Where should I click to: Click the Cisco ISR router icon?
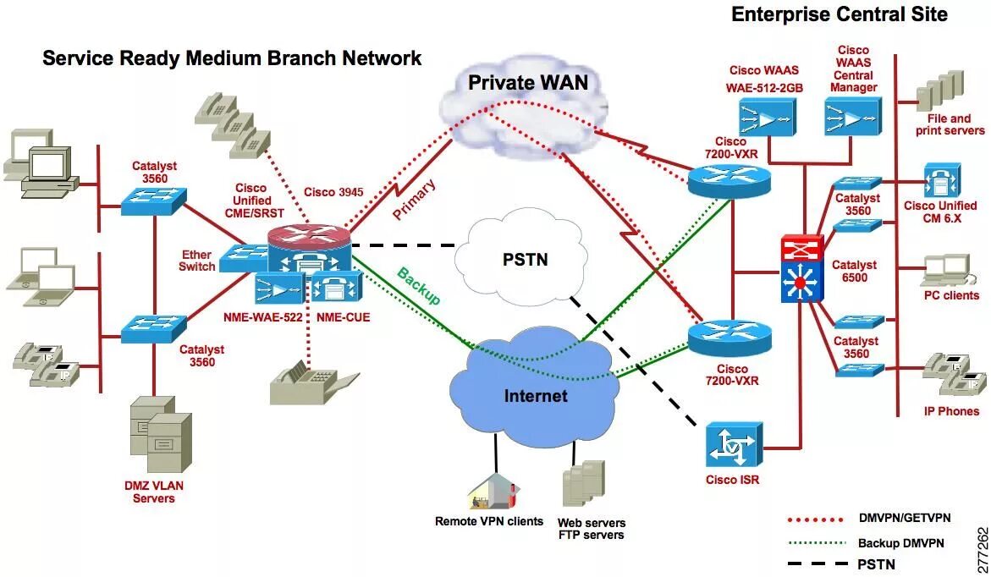click(733, 445)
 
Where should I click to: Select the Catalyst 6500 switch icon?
click(801, 268)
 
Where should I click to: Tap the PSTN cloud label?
click(526, 260)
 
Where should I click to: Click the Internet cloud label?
click(536, 396)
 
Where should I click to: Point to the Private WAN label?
click(528, 83)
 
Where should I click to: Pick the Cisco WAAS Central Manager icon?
click(852, 117)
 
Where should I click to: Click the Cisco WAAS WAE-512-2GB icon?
click(767, 118)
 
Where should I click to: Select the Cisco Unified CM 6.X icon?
click(942, 181)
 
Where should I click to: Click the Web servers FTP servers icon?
click(583, 483)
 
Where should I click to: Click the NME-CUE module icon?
click(336, 288)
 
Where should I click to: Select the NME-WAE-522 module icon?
click(278, 288)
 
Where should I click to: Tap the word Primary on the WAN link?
click(414, 199)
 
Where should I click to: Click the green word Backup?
click(418, 286)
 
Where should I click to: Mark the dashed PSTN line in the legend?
click(818, 563)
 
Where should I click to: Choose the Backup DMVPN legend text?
click(900, 543)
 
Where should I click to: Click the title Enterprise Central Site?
click(840, 14)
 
